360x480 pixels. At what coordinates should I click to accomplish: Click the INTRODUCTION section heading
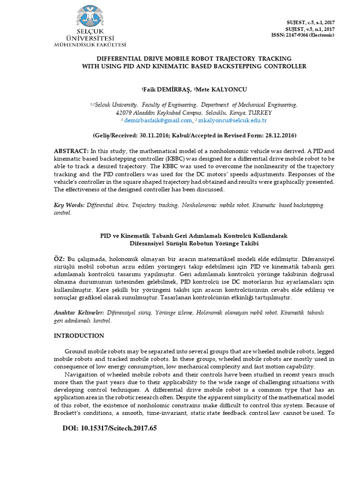(x=79, y=336)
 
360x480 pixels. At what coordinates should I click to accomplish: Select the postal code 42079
(x=124, y=113)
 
